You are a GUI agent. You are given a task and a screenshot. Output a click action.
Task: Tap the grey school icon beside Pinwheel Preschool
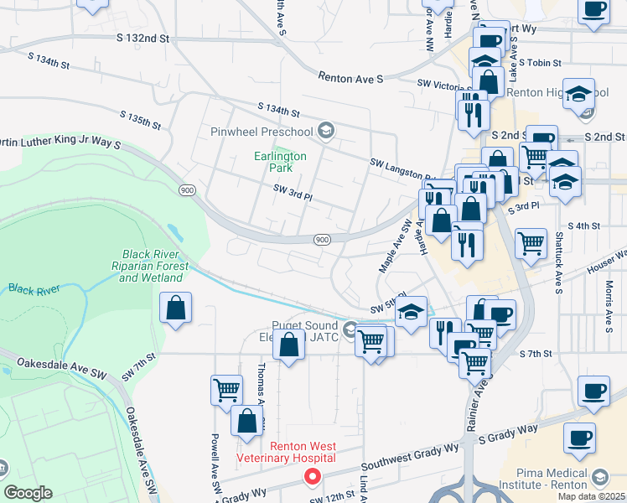click(325, 131)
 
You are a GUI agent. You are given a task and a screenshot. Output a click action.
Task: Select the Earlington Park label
click(281, 162)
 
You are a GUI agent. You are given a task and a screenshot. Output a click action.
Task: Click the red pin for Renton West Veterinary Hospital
click(313, 477)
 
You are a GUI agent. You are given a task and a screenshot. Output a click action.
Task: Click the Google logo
click(28, 493)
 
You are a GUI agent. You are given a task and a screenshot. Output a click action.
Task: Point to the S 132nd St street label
click(143, 39)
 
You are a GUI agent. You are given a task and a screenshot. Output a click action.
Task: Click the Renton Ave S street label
click(350, 77)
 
